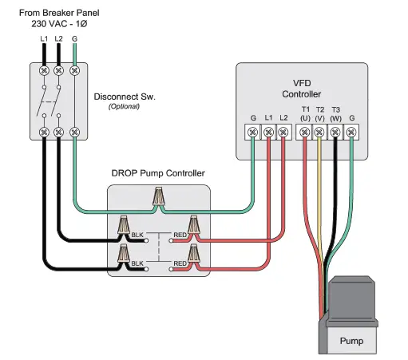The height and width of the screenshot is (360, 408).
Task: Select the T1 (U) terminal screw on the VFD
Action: [304, 131]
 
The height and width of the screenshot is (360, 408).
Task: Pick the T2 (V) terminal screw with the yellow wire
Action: [319, 131]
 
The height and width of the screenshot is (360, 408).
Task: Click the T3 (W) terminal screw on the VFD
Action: [335, 131]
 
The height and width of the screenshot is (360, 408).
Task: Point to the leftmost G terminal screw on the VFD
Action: [253, 131]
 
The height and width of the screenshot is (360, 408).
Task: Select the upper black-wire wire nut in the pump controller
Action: [125, 227]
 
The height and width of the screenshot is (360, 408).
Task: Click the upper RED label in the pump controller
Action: [180, 235]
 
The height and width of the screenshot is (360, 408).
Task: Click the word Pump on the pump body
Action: [351, 342]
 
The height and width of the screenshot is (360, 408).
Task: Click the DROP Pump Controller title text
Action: [158, 173]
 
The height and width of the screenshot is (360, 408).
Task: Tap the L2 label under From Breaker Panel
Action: [59, 38]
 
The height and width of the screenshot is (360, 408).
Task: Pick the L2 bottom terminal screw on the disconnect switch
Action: [59, 131]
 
